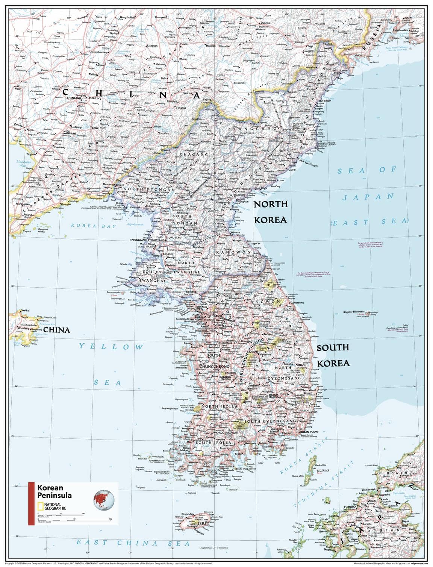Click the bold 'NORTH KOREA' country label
tap(271, 212)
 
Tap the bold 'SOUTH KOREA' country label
tap(333, 355)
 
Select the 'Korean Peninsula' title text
tap(54, 491)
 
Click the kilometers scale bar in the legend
tap(60, 515)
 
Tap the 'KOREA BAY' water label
tap(89, 226)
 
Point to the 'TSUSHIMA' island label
tap(322, 470)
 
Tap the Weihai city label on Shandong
tap(25, 311)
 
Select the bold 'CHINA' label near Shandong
tap(56, 330)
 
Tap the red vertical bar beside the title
tap(31, 503)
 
